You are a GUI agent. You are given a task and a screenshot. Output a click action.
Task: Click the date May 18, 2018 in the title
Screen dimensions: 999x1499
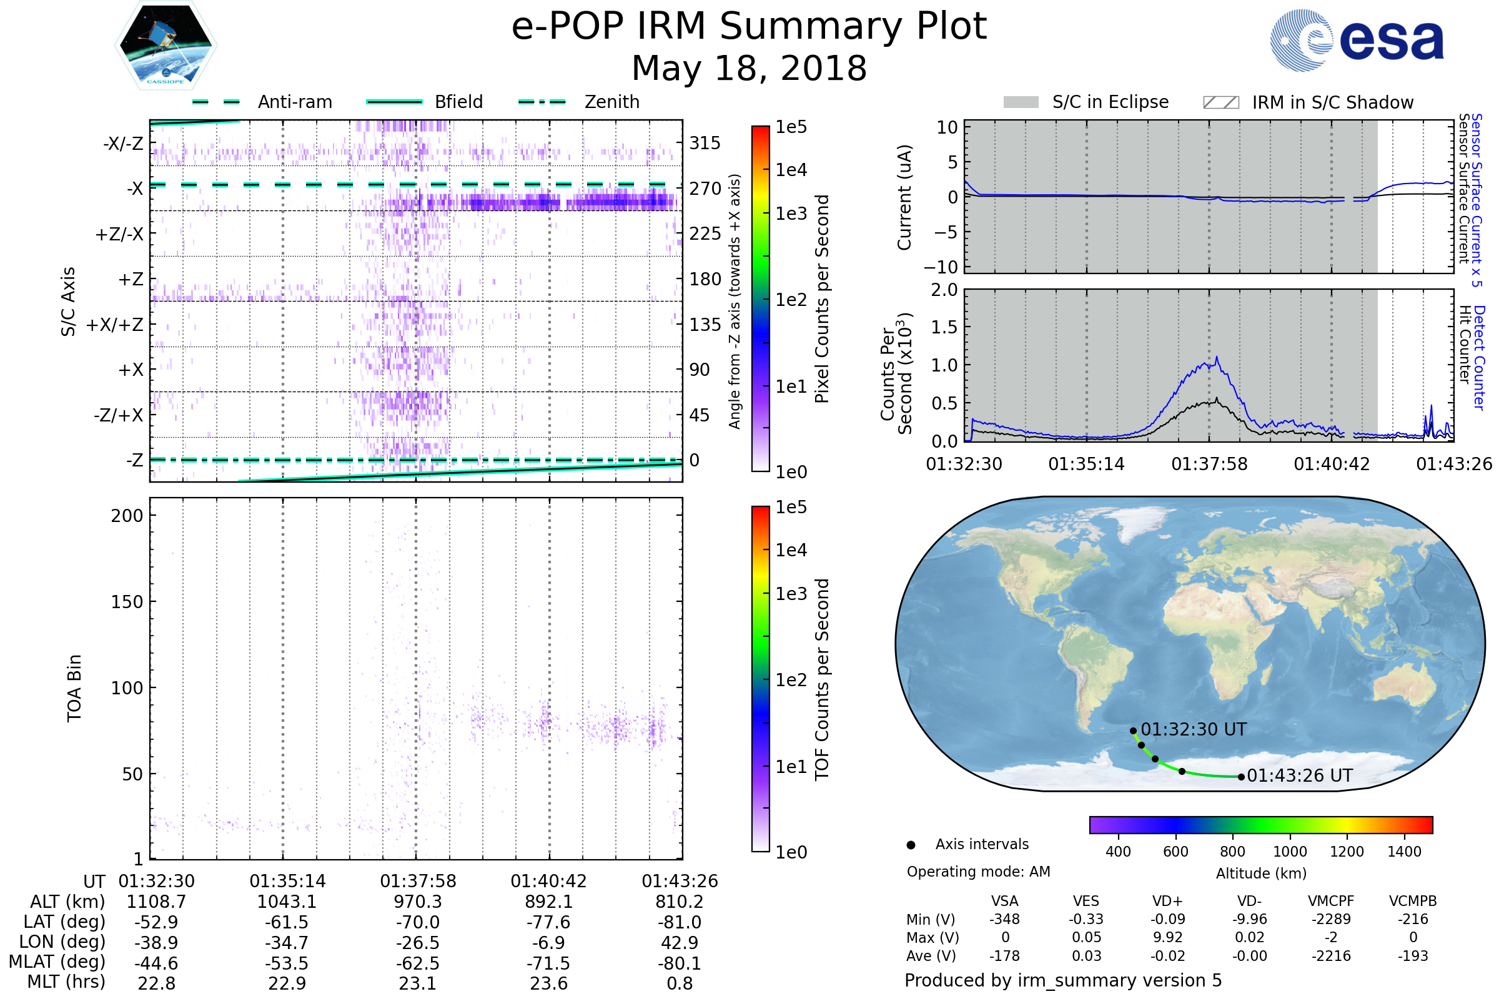[x=749, y=68]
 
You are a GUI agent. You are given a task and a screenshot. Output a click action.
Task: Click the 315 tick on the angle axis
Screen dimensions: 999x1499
[x=705, y=144]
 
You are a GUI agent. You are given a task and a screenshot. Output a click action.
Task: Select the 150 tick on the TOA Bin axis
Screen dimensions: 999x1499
[x=127, y=602]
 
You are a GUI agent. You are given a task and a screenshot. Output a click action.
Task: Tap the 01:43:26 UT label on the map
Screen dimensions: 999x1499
[x=1300, y=776]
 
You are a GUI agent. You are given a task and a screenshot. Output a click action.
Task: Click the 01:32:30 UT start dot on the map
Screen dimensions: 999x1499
[x=1133, y=731]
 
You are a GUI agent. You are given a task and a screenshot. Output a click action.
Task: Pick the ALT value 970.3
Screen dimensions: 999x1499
[x=417, y=902]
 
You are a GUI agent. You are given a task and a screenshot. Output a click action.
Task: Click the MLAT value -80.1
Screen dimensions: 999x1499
[x=680, y=963]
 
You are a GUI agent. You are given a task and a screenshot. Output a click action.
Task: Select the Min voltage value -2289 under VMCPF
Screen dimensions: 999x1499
[x=1331, y=919]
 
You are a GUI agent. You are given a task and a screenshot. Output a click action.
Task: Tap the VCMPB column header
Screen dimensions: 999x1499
[x=1413, y=902]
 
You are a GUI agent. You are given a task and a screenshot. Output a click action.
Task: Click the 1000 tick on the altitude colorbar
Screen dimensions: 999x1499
[x=1290, y=852]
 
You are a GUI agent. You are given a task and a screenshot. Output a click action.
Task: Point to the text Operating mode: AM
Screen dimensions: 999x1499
[x=978, y=872]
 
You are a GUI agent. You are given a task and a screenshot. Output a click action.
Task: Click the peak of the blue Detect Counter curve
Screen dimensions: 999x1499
[x=1217, y=357]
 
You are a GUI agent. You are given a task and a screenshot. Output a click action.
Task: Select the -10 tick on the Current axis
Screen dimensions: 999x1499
[x=947, y=267]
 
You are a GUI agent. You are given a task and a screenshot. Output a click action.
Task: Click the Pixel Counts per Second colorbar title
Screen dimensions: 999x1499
[x=822, y=298]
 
